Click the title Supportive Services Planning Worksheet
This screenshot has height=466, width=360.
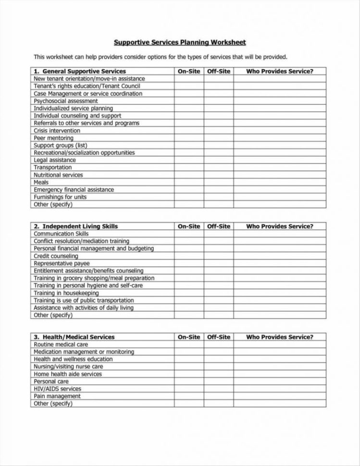[x=179, y=42]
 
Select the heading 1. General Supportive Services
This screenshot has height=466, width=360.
[x=80, y=71]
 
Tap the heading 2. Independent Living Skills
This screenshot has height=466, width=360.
[x=75, y=226]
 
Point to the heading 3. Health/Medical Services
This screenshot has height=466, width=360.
[x=74, y=337]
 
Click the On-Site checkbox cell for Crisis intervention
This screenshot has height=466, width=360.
[x=189, y=131]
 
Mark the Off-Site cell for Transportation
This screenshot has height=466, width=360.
[x=219, y=168]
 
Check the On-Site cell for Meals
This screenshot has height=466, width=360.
[x=189, y=183]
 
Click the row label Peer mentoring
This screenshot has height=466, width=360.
[x=53, y=138]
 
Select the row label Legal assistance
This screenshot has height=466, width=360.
[x=55, y=160]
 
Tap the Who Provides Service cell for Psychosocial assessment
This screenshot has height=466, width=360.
[x=279, y=101]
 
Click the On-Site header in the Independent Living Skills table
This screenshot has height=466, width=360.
[x=189, y=226]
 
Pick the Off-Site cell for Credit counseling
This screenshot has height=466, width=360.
[x=219, y=256]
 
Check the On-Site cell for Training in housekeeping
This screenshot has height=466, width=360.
[x=189, y=293]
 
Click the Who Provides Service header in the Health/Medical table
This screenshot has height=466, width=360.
[x=279, y=337]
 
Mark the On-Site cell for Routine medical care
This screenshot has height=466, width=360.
[x=189, y=344]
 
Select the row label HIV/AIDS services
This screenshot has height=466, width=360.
[x=57, y=389]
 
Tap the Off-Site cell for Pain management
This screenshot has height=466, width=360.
[x=219, y=396]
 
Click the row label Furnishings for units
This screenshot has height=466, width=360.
[x=61, y=197]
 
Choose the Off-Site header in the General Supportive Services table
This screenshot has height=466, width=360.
[x=219, y=71]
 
